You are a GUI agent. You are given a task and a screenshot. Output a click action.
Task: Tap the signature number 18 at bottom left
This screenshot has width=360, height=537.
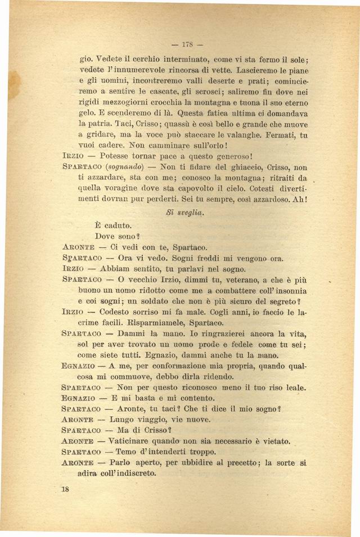pyautogui.click(x=65, y=489)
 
